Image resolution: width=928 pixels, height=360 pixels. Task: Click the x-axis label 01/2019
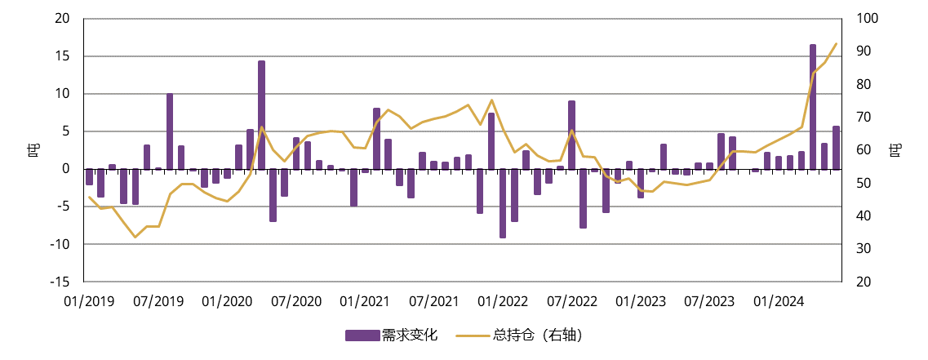(x=89, y=302)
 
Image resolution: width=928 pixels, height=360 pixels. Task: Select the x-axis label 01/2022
(x=504, y=302)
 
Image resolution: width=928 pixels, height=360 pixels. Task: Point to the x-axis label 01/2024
(x=779, y=302)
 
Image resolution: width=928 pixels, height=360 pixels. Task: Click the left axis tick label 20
(x=61, y=19)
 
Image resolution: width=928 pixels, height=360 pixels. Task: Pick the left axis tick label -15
(x=59, y=282)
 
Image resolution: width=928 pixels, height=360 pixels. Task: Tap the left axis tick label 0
(x=65, y=169)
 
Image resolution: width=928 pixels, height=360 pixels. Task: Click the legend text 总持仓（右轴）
(x=539, y=335)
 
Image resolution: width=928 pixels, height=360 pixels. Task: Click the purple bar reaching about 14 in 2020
(x=261, y=114)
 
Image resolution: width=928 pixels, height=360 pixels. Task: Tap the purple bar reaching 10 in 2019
(x=170, y=131)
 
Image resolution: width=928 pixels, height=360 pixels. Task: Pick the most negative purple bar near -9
(x=503, y=203)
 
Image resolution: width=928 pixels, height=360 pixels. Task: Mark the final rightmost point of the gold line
(x=836, y=43)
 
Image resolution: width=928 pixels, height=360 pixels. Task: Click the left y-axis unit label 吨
(x=33, y=150)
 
